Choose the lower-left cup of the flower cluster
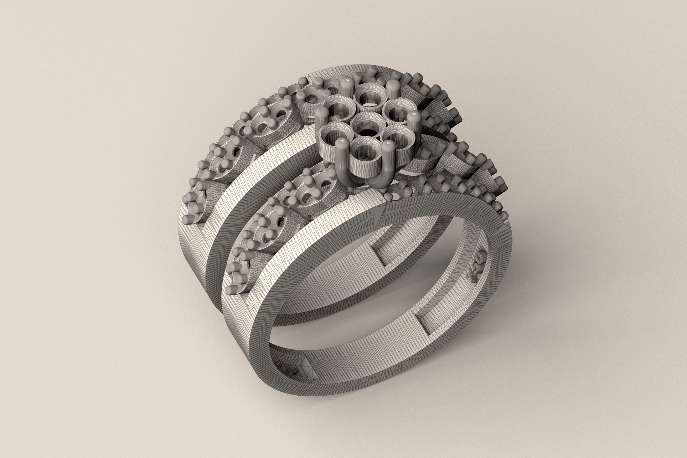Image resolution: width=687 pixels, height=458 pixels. (334, 136)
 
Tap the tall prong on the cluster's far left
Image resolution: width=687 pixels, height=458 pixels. (321, 121)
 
